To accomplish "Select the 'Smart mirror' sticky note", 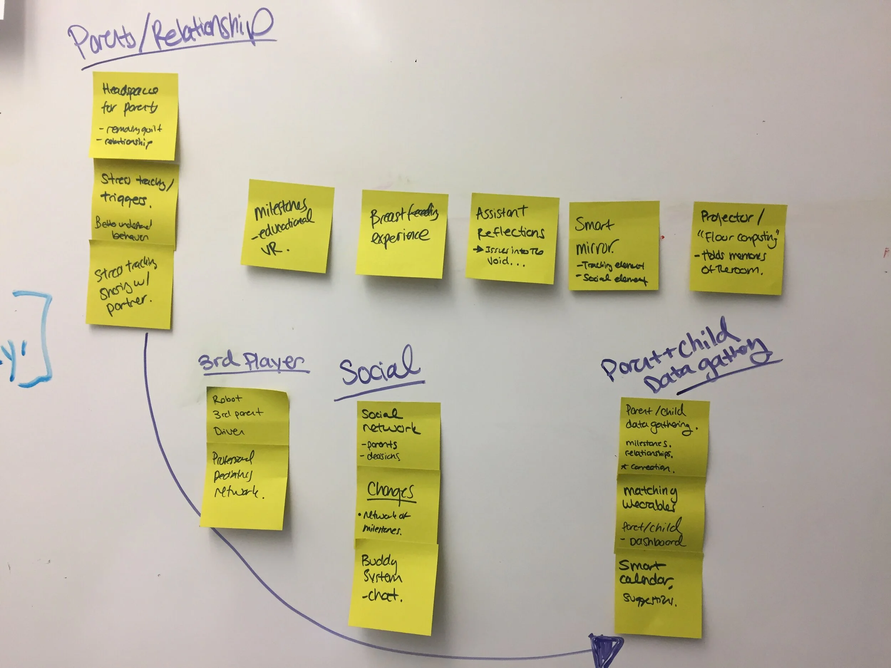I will (613, 245).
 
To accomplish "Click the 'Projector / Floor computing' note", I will (738, 248).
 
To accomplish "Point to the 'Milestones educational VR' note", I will (287, 226).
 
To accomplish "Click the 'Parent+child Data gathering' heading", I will (685, 358).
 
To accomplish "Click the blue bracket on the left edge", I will (38, 338).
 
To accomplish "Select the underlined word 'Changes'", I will (390, 491).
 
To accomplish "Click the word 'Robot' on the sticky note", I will (227, 399).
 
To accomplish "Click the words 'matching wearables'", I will (649, 498).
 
